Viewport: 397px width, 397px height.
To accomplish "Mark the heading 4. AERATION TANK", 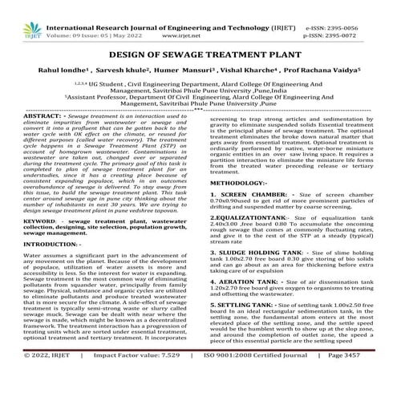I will point(249,283).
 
